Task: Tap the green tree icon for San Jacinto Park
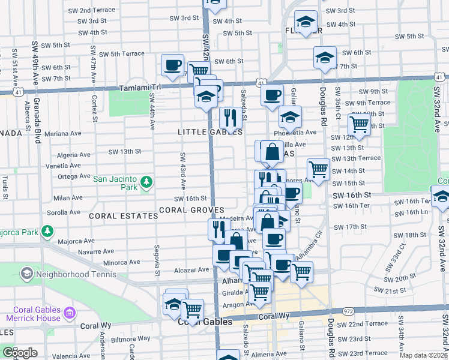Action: coord(145,181)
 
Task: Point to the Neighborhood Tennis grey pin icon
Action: coord(26,274)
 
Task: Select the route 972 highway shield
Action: coord(348,311)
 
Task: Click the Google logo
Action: coord(20,352)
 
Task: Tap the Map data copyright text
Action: coord(423,355)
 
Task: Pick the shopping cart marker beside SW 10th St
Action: coord(359,125)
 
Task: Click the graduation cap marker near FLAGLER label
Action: coord(306,23)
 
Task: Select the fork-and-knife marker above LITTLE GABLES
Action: coord(229,117)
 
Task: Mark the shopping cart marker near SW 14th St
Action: coord(318,170)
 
